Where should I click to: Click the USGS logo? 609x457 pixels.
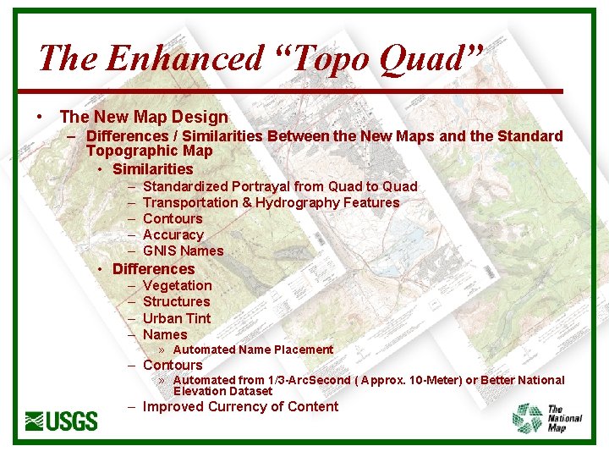62,420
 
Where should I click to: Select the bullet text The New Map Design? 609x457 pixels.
144,117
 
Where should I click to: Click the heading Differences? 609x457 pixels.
153,268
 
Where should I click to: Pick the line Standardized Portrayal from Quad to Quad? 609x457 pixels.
280,186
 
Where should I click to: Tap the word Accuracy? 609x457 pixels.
173,234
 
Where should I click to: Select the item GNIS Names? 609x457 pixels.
184,251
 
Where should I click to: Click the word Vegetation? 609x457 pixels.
178,285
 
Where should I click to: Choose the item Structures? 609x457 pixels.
177,301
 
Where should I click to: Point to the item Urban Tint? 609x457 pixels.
177,318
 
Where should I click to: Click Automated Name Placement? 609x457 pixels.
253,350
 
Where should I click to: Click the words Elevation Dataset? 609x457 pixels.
222,391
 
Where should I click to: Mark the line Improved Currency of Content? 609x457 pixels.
240,406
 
